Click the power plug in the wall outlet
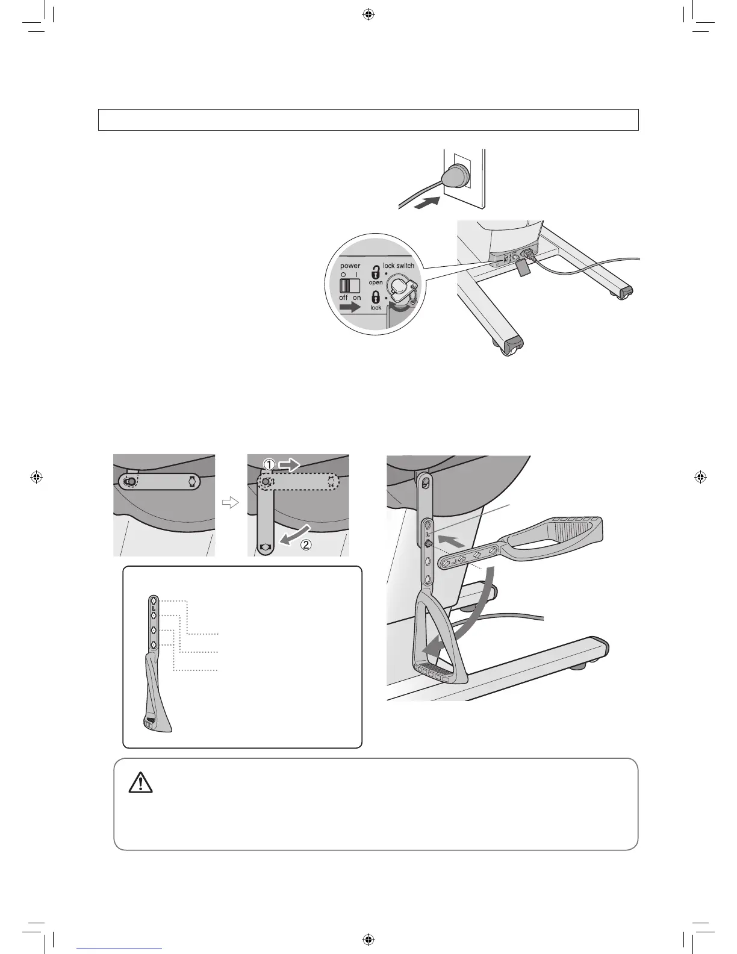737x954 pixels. [452, 178]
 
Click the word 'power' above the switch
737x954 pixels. [350, 266]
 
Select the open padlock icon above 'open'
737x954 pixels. [376, 272]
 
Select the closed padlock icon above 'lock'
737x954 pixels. [376, 298]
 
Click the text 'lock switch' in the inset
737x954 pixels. [399, 266]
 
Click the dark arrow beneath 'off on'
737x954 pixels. [350, 308]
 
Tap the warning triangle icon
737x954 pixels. [140, 782]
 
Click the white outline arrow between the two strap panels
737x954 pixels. [231, 503]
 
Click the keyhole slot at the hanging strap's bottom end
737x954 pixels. [266, 547]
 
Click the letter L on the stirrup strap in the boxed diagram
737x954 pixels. [154, 608]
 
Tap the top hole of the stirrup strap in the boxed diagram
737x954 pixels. [154, 600]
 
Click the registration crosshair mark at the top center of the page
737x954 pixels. [368, 14]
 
